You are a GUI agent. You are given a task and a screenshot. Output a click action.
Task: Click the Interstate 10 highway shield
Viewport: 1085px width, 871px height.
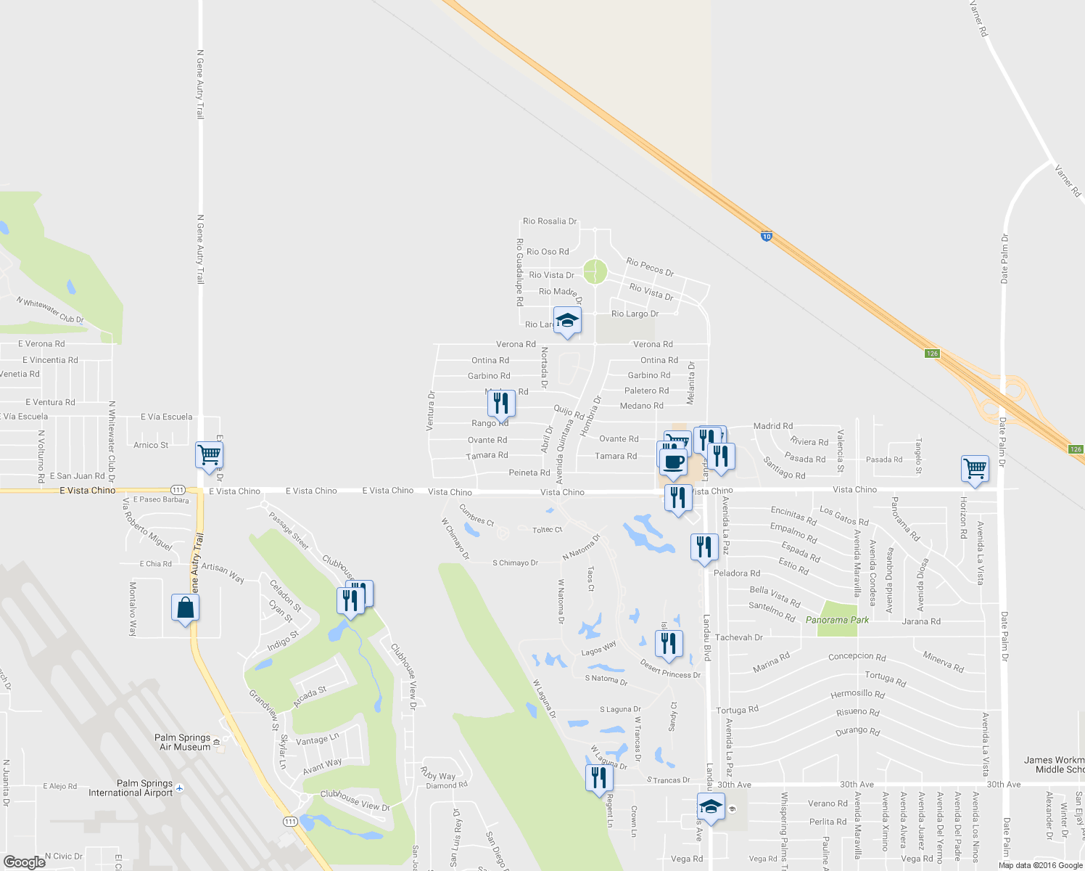(x=767, y=236)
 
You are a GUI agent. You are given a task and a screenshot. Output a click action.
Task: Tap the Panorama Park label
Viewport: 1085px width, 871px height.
(x=837, y=620)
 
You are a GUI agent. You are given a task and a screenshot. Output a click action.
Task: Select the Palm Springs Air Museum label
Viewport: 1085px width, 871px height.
(x=184, y=742)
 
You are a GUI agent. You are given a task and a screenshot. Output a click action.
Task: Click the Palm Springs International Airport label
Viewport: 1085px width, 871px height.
(x=131, y=788)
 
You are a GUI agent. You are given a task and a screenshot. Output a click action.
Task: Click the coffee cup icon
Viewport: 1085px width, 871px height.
(x=674, y=462)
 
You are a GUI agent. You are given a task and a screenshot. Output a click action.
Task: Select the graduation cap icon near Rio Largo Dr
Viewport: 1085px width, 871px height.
(x=567, y=321)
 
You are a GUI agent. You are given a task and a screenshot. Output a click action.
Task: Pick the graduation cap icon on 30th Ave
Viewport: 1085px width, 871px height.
(x=711, y=806)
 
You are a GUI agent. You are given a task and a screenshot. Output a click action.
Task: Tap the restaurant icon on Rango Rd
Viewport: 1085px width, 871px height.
(x=500, y=404)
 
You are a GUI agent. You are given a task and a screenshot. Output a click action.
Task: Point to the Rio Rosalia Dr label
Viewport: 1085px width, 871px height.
(x=550, y=221)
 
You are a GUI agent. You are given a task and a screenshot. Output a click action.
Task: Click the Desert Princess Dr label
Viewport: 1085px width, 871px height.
(x=670, y=669)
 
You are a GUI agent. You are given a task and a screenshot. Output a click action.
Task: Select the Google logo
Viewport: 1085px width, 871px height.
(x=24, y=862)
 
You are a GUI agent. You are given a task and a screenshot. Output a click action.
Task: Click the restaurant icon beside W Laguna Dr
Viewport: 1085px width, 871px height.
(x=599, y=778)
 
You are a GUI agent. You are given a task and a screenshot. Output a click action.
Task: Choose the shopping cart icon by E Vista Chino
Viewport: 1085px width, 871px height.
(x=209, y=455)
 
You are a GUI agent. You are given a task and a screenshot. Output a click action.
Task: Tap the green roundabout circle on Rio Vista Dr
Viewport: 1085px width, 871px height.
(x=595, y=272)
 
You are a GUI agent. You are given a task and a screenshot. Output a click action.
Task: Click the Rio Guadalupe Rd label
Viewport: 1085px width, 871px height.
(x=519, y=272)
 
